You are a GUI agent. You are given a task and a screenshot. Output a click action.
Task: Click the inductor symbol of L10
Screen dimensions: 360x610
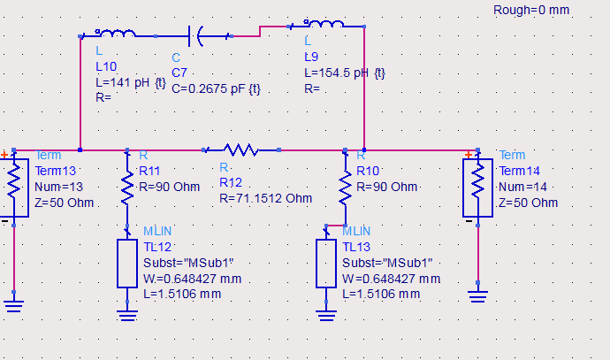[x=116, y=34]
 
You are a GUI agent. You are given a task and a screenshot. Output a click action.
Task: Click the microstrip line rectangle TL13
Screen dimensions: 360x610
[x=326, y=262]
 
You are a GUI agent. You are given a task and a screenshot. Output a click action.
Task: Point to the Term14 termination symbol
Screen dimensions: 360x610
[x=477, y=185]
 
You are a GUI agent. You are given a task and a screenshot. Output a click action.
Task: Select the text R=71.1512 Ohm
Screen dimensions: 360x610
[x=265, y=198]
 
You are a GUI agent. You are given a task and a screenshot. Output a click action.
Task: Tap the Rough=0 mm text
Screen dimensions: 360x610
[x=530, y=11]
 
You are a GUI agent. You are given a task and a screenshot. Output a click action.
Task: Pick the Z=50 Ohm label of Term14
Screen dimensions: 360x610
[x=529, y=203]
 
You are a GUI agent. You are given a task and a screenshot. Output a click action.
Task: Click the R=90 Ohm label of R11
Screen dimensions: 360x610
[x=170, y=187]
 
